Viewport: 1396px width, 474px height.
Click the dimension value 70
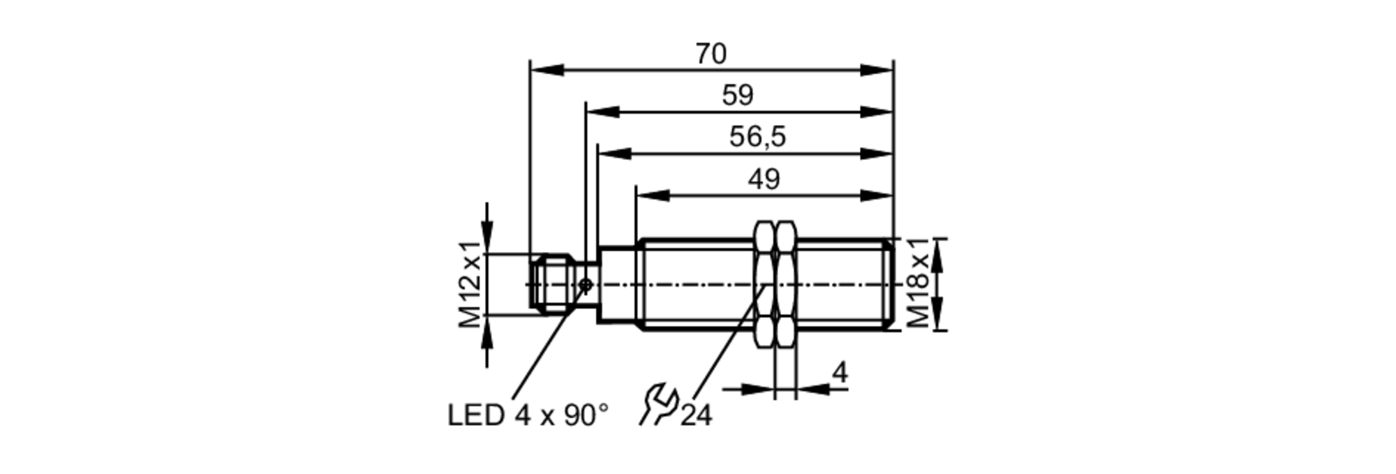[711, 54]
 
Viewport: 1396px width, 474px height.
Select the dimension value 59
[738, 96]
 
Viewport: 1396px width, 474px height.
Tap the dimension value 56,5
[757, 137]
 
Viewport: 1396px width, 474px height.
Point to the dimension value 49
[764, 180]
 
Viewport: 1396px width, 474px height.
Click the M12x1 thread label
[470, 284]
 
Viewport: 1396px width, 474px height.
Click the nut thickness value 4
[840, 373]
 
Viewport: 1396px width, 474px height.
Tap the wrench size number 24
[697, 416]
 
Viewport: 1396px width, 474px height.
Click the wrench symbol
[659, 404]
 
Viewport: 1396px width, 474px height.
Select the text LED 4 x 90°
[528, 416]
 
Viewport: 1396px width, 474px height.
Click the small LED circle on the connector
[586, 284]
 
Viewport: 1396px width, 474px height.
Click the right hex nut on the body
[786, 284]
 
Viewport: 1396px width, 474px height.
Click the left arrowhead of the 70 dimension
[547, 70]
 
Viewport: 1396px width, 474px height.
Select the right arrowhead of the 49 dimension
[877, 195]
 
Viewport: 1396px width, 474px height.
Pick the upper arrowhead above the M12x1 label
[487, 231]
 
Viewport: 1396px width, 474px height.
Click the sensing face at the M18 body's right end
[891, 284]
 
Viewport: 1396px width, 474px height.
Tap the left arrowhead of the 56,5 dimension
[614, 154]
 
